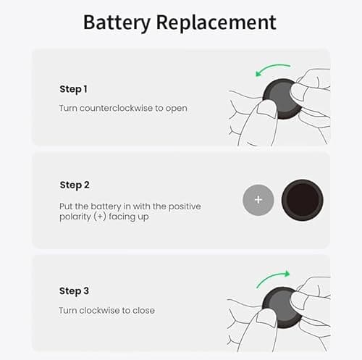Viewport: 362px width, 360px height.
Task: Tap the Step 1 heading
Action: point(73,89)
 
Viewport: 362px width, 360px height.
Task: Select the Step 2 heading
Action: point(75,185)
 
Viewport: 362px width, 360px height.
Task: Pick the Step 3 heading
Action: point(75,290)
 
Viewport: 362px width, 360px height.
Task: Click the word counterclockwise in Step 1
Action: point(117,108)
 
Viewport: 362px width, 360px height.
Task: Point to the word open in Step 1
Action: point(175,108)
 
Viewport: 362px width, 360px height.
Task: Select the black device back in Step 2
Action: point(302,199)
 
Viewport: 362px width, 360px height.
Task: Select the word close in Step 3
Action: point(143,311)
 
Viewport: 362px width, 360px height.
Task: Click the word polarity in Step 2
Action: point(77,217)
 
